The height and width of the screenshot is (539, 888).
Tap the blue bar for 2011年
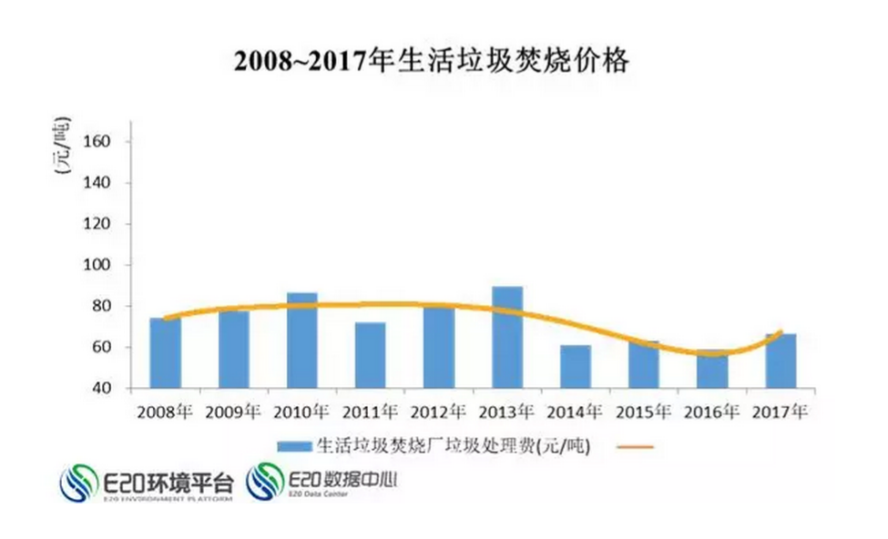point(371,355)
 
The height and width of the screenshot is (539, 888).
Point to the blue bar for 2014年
point(576,367)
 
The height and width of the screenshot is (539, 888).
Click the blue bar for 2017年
point(781,361)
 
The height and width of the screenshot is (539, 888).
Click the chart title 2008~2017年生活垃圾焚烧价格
point(431,62)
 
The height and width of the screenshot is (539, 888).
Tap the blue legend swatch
point(293,447)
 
